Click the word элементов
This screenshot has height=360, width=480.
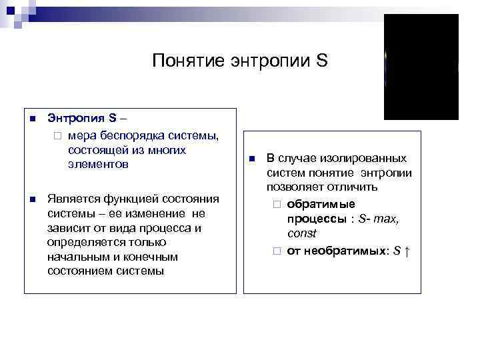point(97,164)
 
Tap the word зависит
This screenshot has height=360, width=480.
point(70,228)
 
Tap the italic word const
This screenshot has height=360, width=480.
point(302,233)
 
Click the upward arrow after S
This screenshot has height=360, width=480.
point(407,251)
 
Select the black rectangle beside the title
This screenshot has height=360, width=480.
point(421,67)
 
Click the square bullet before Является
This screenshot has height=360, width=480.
point(31,199)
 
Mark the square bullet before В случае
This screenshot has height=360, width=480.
point(252,159)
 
